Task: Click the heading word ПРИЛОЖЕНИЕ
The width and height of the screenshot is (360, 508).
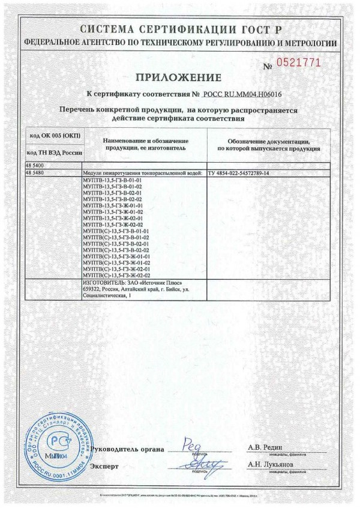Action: click(x=178, y=76)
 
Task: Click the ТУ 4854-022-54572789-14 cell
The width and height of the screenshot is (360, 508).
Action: click(x=239, y=173)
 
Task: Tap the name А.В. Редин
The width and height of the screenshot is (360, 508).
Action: click(x=265, y=447)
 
